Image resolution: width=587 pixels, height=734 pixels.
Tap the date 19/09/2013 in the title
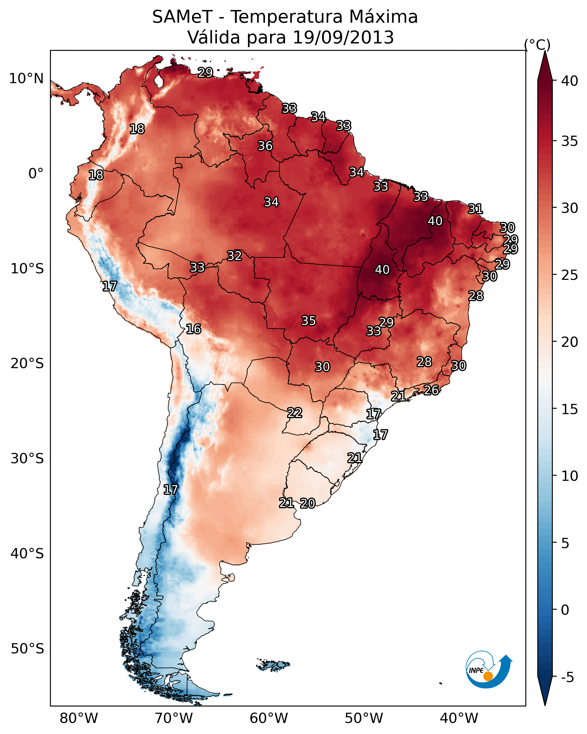point(343,37)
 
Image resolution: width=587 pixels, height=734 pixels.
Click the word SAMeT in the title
point(182,17)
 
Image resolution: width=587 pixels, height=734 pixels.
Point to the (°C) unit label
point(537,45)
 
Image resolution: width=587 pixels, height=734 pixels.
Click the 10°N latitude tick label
point(26,79)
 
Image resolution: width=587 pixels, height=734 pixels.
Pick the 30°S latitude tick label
point(27,459)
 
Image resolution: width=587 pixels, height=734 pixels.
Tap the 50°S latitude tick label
point(27,649)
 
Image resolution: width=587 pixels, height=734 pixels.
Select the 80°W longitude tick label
point(79,718)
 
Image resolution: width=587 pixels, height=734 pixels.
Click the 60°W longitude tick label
point(269,718)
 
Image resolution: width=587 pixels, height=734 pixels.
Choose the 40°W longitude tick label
point(459,718)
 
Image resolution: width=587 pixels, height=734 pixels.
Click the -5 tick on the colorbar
point(567,678)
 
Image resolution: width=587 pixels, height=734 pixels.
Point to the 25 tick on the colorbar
point(569,275)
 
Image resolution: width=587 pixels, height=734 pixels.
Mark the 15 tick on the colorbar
point(569,409)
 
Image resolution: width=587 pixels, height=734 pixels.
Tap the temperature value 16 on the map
point(193,329)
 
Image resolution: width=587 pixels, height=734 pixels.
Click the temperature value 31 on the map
point(475,209)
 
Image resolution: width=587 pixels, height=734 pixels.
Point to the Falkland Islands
point(273,665)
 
